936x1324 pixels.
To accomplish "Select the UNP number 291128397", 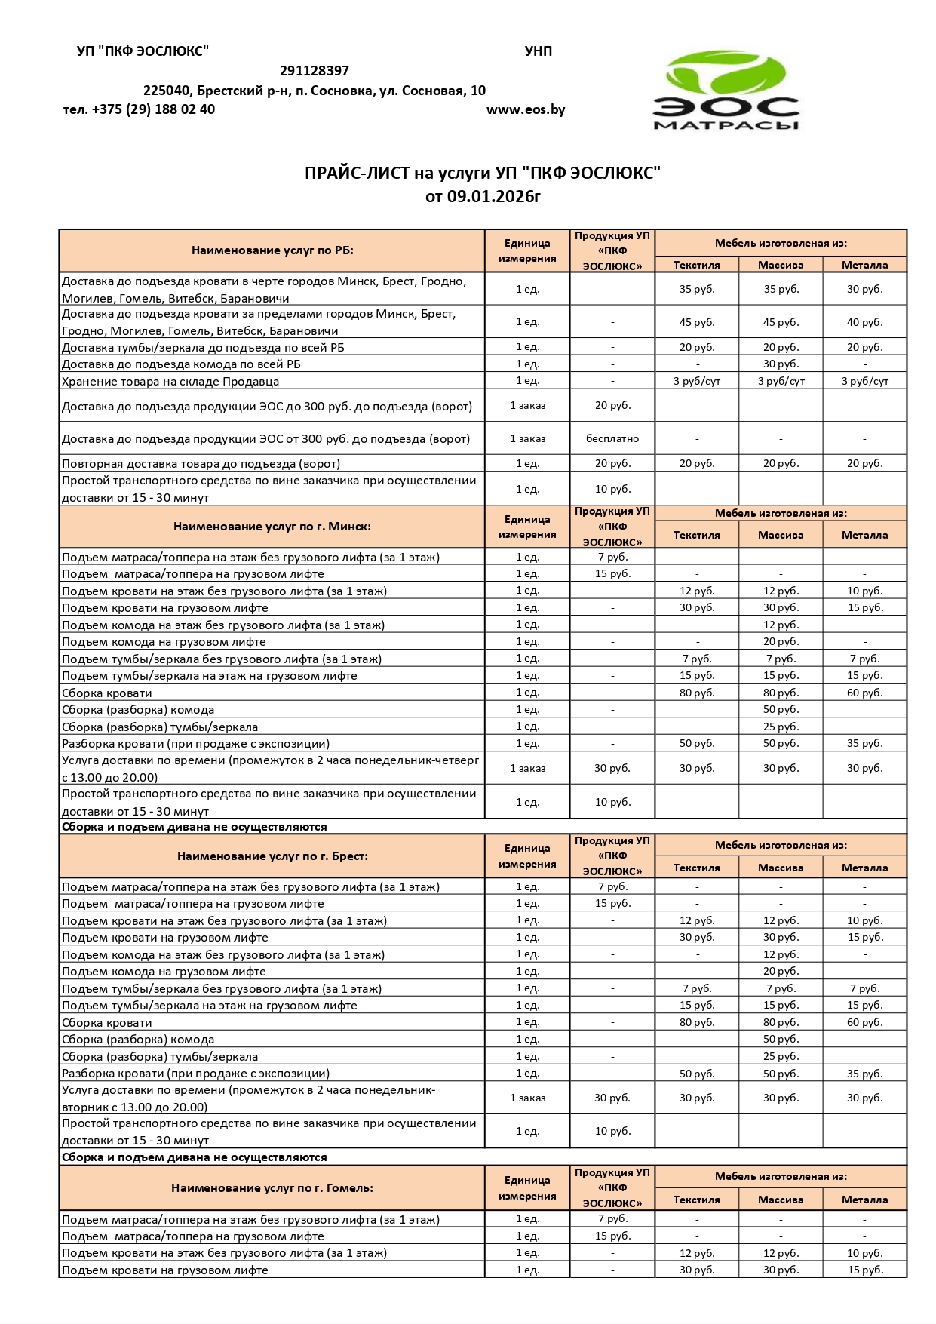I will click(314, 71).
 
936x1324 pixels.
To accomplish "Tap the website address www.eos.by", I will click(526, 109).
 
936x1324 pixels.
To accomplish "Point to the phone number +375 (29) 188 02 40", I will click(153, 109).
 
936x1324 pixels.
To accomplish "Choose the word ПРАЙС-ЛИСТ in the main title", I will click(357, 174).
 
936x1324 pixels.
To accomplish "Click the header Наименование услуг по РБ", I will click(272, 250).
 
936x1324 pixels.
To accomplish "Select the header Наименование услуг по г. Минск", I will click(272, 527).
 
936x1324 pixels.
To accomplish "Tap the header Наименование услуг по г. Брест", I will click(272, 856).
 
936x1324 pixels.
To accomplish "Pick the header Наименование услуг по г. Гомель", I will click(272, 1188).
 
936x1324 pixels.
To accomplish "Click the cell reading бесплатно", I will click(612, 438).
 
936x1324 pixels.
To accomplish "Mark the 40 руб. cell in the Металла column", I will click(864, 322).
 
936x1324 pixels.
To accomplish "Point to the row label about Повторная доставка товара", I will click(201, 463).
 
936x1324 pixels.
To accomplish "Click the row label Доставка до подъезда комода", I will click(181, 364).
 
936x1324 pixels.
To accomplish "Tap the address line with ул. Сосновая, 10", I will click(315, 91).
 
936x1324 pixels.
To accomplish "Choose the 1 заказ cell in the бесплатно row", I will click(527, 438).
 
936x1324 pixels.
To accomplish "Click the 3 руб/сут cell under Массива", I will click(781, 381).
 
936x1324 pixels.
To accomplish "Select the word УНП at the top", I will click(538, 51).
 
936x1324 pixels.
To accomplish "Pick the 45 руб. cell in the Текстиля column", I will click(696, 322).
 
